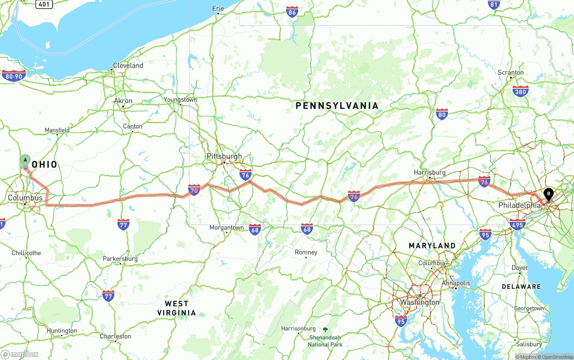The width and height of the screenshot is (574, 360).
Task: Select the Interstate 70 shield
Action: pos(194,190)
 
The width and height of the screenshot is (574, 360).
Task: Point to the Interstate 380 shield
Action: pos(520,91)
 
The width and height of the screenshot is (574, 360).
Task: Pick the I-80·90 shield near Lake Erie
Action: pos(14,76)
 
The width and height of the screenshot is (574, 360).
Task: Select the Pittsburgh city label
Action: pos(224,156)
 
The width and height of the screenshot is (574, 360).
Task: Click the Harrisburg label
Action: pos(430,173)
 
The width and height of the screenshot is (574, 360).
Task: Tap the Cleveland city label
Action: pos(128,65)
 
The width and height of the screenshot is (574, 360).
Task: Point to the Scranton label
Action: pos(511,72)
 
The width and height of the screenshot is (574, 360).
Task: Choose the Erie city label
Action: pos(218,8)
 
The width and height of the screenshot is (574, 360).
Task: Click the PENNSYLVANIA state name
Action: pos(337,106)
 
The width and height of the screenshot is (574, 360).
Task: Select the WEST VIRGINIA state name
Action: pos(177,308)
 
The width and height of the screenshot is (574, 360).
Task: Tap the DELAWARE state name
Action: pos(521,286)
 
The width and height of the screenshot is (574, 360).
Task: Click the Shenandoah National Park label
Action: pos(325,341)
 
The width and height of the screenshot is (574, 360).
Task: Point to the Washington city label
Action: pos(420,302)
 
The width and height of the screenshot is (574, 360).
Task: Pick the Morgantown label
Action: pos(226,228)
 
